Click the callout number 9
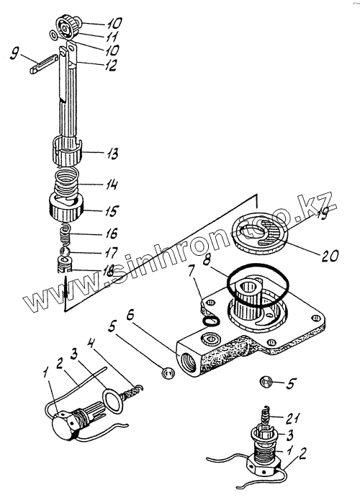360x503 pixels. pos(14,53)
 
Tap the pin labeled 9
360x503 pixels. pos(44,64)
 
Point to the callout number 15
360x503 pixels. pos(111,210)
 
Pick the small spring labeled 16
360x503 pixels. pos(66,234)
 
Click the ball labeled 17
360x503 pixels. pos(65,251)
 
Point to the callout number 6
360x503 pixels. pos(130,315)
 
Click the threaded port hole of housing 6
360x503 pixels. pos(187,361)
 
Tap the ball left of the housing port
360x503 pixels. pos(168,373)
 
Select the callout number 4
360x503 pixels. pos(91,345)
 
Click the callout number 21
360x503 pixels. pos(293,418)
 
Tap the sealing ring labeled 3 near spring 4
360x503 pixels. pos(112,400)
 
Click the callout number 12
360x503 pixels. pos(108,65)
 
